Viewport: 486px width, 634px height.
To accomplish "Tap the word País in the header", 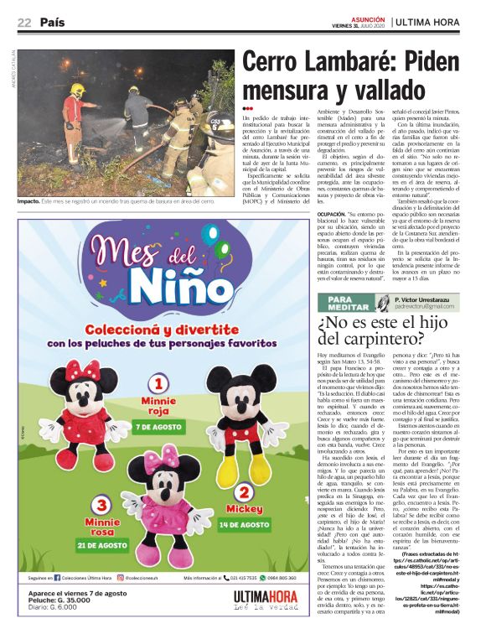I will [54, 22].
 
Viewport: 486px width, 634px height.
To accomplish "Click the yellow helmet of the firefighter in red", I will [78, 88].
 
